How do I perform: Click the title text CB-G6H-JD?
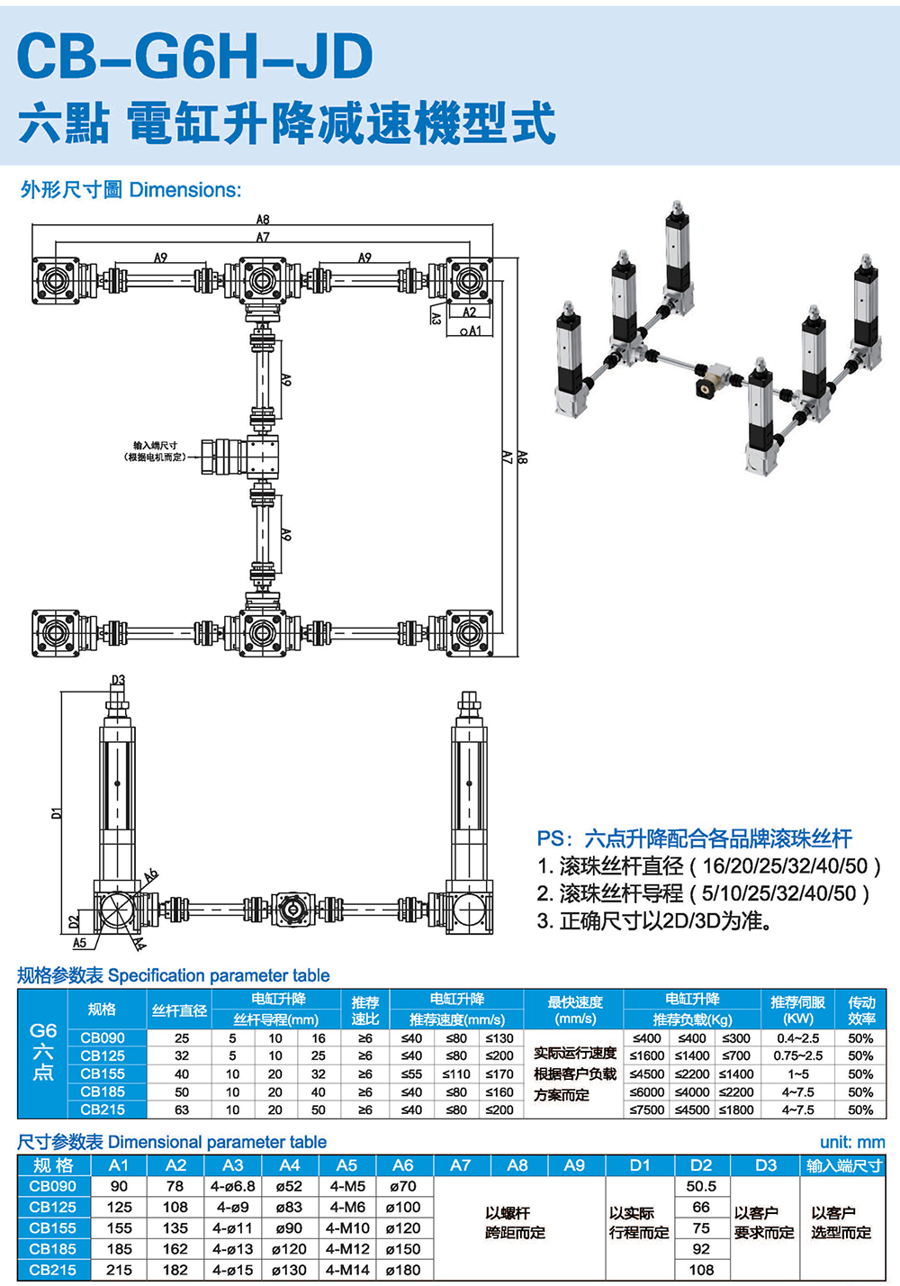click(x=194, y=56)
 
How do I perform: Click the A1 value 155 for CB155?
click(x=119, y=1228)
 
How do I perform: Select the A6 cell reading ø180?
click(x=403, y=1270)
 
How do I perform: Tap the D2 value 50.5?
click(x=701, y=1187)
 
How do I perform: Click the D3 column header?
click(x=766, y=1165)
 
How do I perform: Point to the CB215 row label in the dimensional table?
click(x=53, y=1270)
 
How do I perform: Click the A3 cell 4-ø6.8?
click(x=233, y=1187)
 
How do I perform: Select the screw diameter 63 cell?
click(x=182, y=1110)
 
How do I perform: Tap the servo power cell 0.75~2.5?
click(x=798, y=1056)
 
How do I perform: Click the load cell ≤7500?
click(x=647, y=1110)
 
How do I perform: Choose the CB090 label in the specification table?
click(x=103, y=1038)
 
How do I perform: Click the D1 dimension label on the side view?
click(x=57, y=812)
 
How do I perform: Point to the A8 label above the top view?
click(x=263, y=220)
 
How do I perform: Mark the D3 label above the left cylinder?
click(x=118, y=681)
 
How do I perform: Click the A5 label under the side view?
click(x=80, y=943)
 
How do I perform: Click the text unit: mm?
click(x=852, y=1143)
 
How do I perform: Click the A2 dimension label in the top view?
click(x=469, y=312)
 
